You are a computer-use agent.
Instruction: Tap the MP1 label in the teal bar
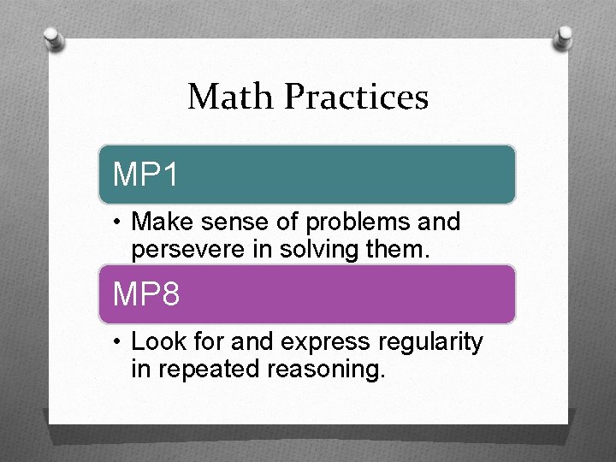pos(146,175)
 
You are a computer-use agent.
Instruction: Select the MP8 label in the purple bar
pos(146,294)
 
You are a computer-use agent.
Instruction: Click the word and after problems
pos(441,222)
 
